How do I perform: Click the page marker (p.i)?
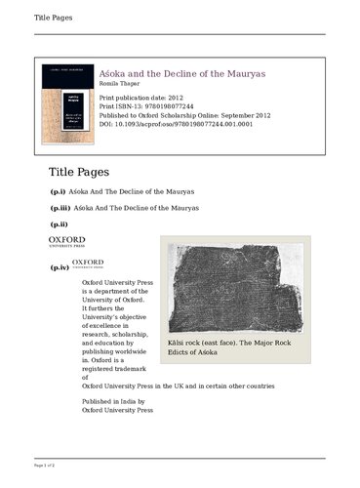click(x=58, y=191)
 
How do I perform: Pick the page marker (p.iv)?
click(x=59, y=266)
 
